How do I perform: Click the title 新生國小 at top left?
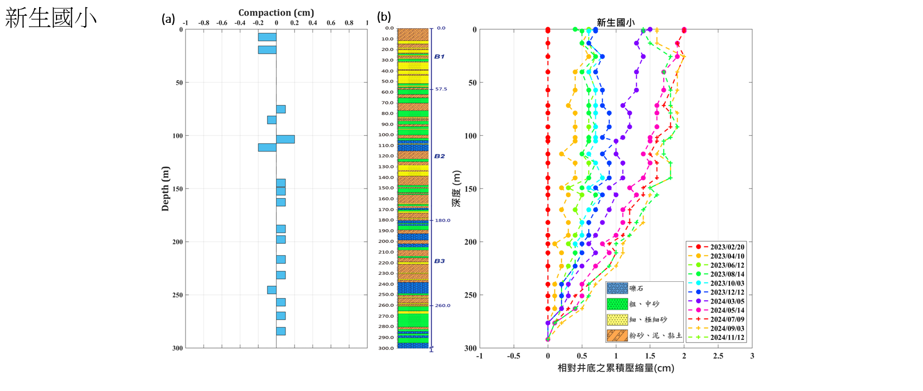click(50, 18)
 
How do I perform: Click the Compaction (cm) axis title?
click(276, 12)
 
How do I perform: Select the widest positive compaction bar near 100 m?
click(285, 140)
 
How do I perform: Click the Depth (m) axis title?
click(165, 188)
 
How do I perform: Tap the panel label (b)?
click(384, 17)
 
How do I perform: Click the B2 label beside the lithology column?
click(439, 156)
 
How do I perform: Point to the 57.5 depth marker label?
click(441, 89)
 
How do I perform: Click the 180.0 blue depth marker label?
click(442, 220)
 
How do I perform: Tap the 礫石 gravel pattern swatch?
click(617, 288)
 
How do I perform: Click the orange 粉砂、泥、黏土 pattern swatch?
click(617, 336)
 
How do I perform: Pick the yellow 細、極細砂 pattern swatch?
click(617, 320)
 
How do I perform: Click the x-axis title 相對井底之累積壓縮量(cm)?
click(616, 368)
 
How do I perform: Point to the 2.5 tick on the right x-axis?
click(718, 356)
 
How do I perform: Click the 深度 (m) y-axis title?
click(457, 188)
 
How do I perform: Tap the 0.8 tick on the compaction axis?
click(349, 23)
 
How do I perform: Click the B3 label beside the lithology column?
click(439, 261)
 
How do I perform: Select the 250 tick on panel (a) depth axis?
click(177, 295)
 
